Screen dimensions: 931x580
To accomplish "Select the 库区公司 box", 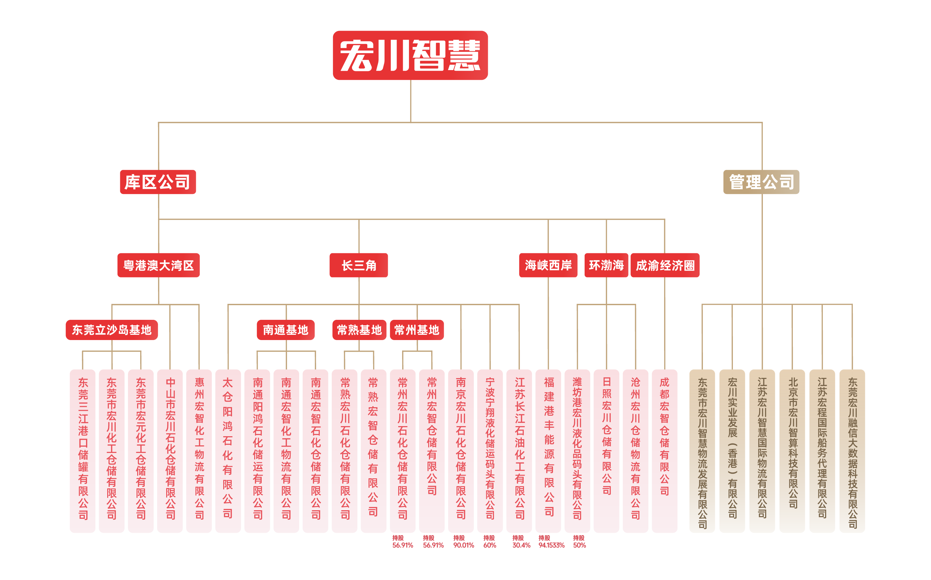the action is click(158, 182).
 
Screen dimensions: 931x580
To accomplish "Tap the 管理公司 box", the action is click(761, 182).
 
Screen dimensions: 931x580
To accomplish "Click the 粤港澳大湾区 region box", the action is click(158, 265).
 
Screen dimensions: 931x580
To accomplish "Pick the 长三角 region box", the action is click(359, 265).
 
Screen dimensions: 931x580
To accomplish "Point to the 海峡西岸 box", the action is click(548, 265).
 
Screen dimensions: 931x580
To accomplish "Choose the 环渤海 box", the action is click(606, 265).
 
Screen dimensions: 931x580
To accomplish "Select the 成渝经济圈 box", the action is click(665, 265).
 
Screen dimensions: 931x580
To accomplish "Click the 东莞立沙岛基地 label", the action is click(111, 330).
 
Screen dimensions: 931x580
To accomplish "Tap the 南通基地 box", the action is click(285, 330).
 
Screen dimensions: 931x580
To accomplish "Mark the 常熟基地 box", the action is click(359, 330).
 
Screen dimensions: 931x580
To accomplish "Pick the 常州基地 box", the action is click(417, 330).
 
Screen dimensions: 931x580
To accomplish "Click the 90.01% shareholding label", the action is click(464, 545).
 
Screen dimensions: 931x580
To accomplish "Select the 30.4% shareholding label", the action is click(521, 545).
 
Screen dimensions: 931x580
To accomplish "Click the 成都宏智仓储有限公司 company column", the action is click(665, 451).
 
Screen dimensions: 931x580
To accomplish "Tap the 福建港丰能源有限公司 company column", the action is click(548, 451).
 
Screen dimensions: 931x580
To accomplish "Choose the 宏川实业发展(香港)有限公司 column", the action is click(732, 451).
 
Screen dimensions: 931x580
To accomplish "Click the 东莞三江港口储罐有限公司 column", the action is click(82, 451).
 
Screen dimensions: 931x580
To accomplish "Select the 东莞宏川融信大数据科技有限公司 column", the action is click(852, 451).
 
